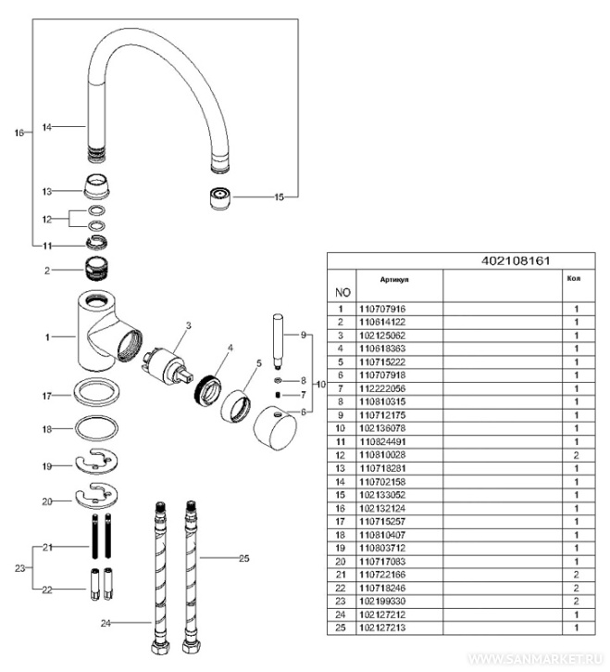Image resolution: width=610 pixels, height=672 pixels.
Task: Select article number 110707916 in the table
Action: pos(382,309)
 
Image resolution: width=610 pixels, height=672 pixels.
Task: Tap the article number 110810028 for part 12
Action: pos(382,455)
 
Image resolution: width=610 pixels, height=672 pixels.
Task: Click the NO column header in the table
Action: pos(342,292)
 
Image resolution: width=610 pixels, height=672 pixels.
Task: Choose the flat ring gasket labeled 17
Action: pos(98,394)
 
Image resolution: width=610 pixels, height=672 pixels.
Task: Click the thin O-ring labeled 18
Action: pos(97,429)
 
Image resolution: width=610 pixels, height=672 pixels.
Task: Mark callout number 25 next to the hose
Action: pos(244,559)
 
